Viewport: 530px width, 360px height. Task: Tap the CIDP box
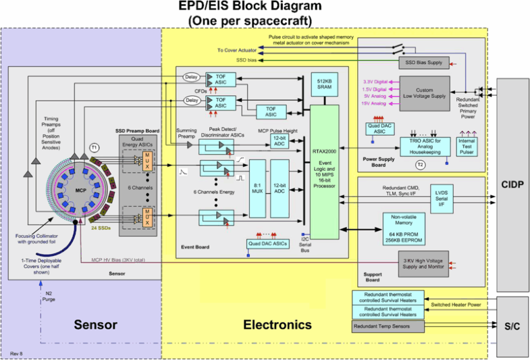511,184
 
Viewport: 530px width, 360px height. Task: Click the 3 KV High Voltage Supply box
422,264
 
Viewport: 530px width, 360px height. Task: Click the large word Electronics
277,325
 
